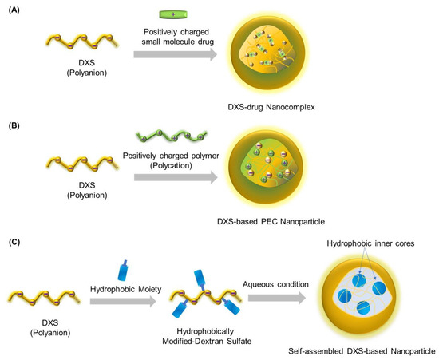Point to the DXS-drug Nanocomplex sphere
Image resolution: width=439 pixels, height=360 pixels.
273,56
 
